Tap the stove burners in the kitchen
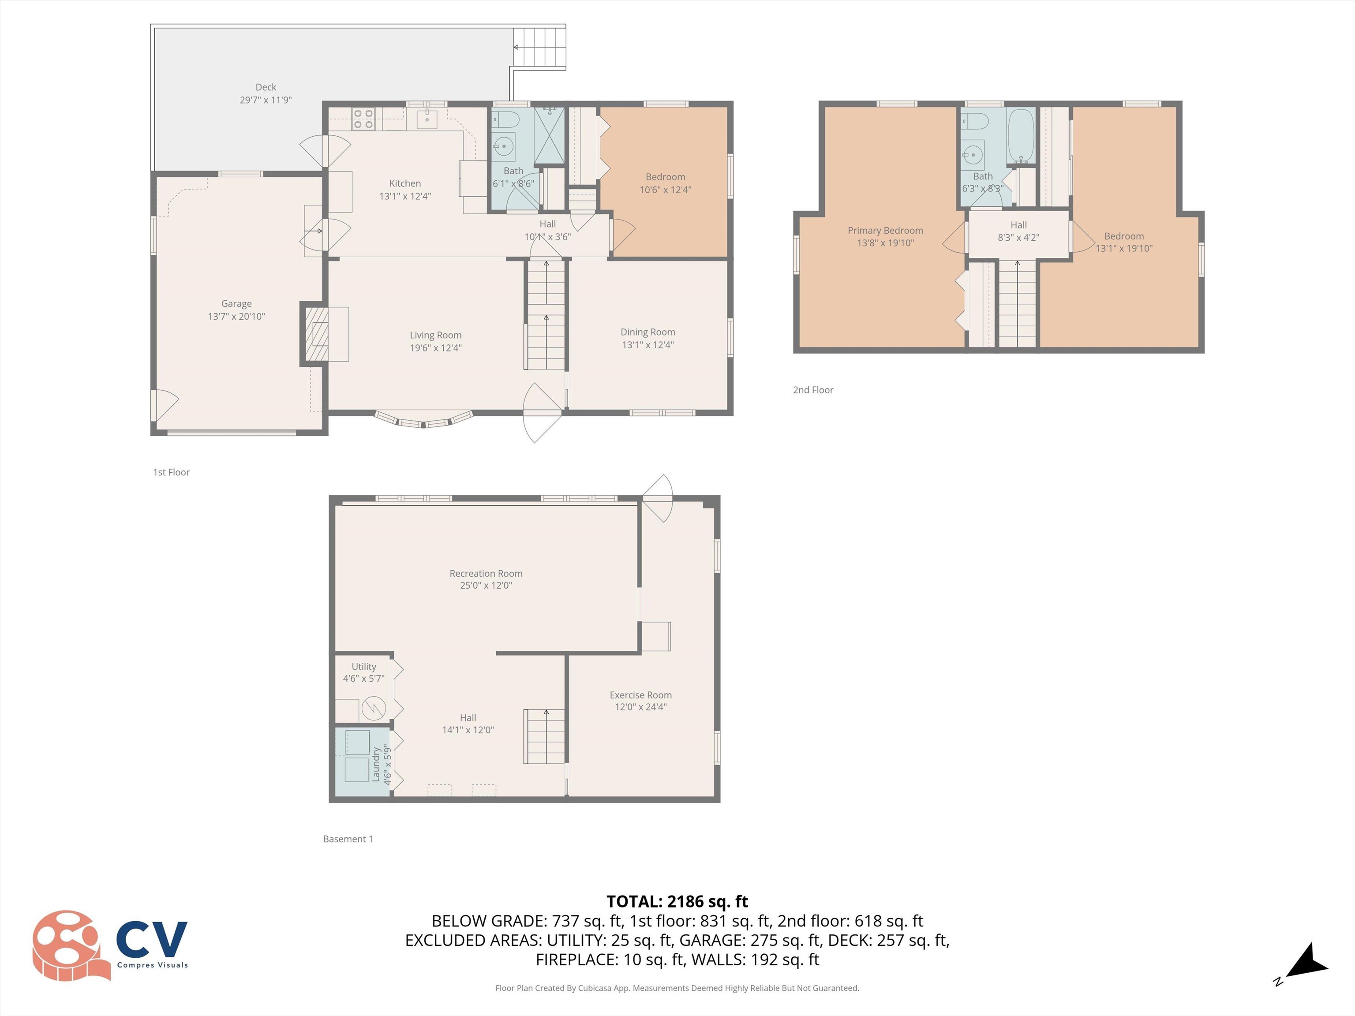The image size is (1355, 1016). click(x=363, y=119)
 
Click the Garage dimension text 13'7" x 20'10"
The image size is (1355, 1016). click(x=236, y=317)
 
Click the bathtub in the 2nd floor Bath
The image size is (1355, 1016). click(x=1021, y=135)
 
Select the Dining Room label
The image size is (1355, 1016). click(x=648, y=332)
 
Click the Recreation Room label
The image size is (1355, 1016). click(x=486, y=573)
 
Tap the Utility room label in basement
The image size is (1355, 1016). click(x=363, y=666)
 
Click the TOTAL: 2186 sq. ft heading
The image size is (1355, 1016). click(x=677, y=901)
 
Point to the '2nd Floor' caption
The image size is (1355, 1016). click(x=813, y=390)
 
